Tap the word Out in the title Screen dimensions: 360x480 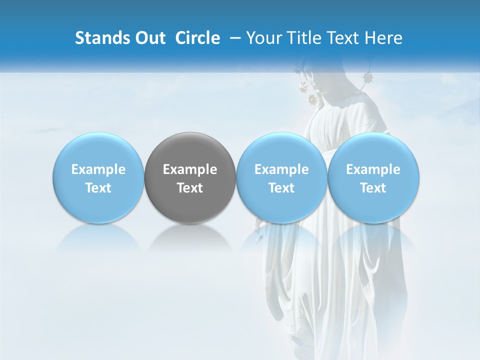point(149,38)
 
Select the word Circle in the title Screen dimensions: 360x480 point(197,38)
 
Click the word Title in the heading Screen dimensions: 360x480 point(305,38)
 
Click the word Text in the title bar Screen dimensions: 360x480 point(345,38)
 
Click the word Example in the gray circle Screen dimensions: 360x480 point(190,169)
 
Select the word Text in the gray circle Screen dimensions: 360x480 point(190,188)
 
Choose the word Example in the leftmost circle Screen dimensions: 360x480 point(98,169)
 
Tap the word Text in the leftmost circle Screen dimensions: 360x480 point(98,188)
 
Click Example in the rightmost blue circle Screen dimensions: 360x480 point(373,169)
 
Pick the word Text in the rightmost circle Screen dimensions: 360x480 point(373,188)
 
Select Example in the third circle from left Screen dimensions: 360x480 point(281,169)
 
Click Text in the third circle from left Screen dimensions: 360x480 point(281,188)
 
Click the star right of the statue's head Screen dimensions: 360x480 point(368,77)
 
